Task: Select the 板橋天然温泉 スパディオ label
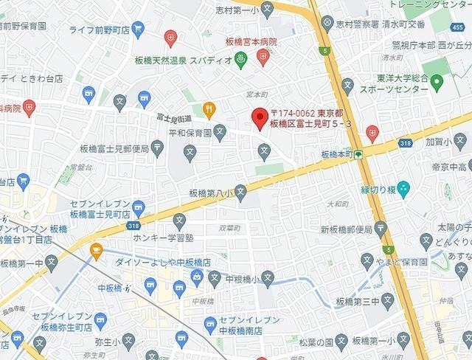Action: (x=184, y=60)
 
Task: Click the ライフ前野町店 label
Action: (x=100, y=30)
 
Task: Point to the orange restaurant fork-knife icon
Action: (x=209, y=111)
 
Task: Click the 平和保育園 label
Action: (x=190, y=134)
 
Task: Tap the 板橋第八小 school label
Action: (x=211, y=193)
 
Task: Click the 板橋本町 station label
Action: (x=337, y=155)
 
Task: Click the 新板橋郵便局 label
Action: (x=347, y=229)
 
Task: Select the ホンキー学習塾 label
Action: (x=164, y=238)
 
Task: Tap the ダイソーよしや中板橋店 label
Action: (x=163, y=262)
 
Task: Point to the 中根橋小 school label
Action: (x=241, y=279)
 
